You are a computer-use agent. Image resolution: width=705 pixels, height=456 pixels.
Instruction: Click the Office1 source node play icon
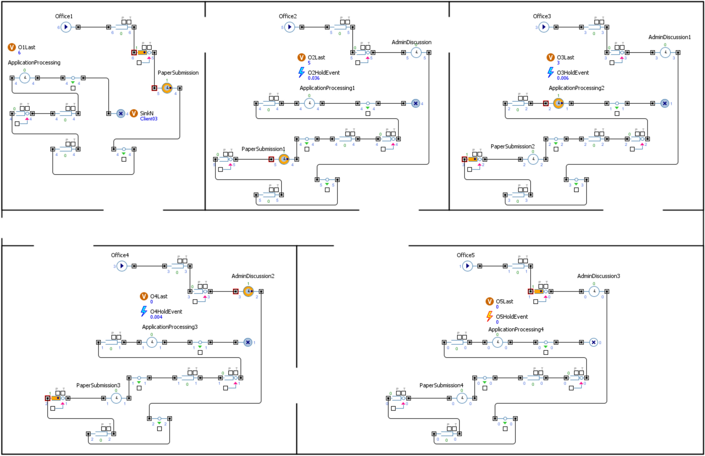pyautogui.click(x=66, y=27)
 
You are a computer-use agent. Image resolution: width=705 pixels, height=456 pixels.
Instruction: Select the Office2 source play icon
pyautogui.click(x=289, y=27)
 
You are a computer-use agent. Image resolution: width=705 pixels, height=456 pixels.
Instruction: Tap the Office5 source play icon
pyautogui.click(x=467, y=266)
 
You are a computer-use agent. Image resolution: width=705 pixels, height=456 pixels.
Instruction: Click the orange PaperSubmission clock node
pyautogui.click(x=167, y=88)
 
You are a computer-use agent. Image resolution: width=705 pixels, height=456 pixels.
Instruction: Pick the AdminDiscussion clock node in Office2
pyautogui.click(x=416, y=52)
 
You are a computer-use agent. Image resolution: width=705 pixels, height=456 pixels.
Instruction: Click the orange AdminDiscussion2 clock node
pyautogui.click(x=248, y=291)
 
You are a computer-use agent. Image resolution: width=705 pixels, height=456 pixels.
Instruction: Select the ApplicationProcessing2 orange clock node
pyautogui.click(x=558, y=103)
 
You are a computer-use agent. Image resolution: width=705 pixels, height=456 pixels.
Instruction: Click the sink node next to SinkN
pyautogui.click(x=121, y=113)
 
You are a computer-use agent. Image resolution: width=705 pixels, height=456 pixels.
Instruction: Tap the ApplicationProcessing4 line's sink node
pyautogui.click(x=593, y=342)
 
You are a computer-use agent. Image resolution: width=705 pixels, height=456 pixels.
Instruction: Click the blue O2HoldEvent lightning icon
pyautogui.click(x=301, y=72)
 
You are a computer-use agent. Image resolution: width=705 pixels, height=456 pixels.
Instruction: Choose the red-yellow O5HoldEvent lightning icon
pyautogui.click(x=489, y=316)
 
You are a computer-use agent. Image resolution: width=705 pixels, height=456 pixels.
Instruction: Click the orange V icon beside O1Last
pyautogui.click(x=12, y=47)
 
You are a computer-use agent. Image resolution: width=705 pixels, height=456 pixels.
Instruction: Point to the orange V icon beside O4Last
pyautogui.click(x=144, y=296)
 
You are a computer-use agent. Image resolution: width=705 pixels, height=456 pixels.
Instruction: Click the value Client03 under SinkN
pyautogui.click(x=149, y=119)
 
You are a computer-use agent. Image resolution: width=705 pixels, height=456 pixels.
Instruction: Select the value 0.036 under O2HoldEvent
pyautogui.click(x=313, y=78)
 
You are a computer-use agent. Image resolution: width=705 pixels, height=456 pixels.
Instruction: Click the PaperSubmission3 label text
pyautogui.click(x=98, y=385)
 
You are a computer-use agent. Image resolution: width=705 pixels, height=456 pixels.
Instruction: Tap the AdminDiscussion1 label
pyautogui.click(x=669, y=37)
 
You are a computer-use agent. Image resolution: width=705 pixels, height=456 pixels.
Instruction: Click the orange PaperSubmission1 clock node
pyautogui.click(x=284, y=159)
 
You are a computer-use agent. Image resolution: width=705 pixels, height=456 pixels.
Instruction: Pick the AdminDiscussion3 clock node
pyautogui.click(x=594, y=291)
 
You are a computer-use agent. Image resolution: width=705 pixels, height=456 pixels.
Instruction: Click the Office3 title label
pyautogui.click(x=542, y=16)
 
